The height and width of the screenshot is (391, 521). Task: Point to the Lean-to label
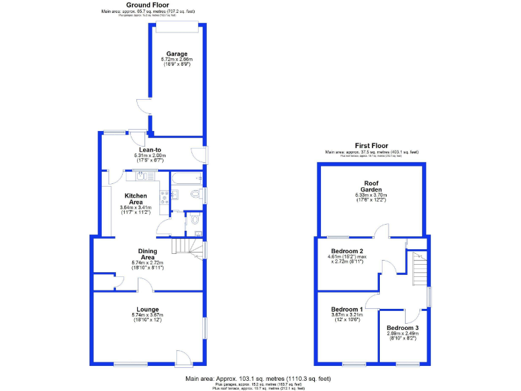(x=150, y=149)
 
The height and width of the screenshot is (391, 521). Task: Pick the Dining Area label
(x=148, y=254)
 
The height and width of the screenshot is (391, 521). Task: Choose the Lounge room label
(x=147, y=309)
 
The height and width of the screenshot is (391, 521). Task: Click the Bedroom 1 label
(x=343, y=309)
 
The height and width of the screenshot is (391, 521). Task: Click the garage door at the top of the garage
(x=177, y=26)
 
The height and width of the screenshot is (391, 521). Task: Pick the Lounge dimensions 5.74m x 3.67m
(x=147, y=315)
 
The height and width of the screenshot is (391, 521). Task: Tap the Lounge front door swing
(x=183, y=356)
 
